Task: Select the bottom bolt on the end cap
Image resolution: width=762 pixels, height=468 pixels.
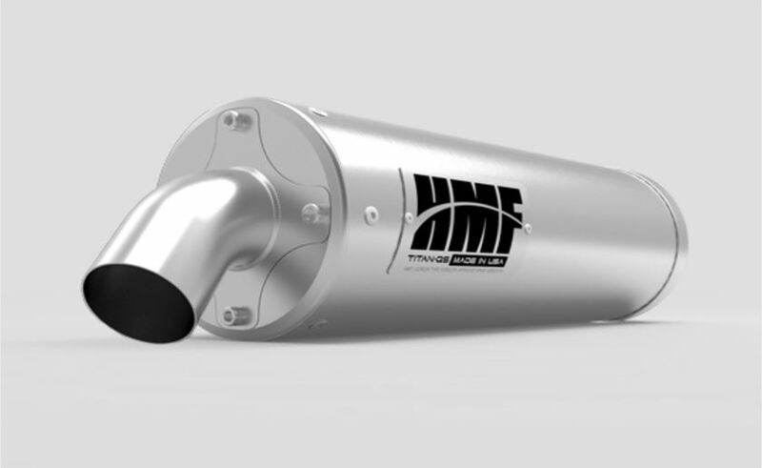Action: tap(231, 314)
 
